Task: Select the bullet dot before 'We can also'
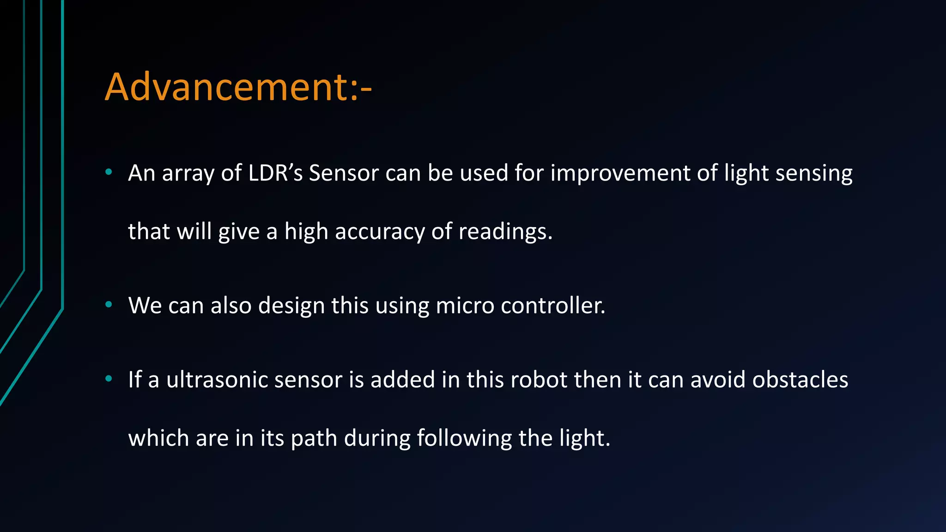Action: [x=109, y=304]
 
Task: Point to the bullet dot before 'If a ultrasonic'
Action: [x=109, y=379]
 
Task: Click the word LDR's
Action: [x=275, y=173]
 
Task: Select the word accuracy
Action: [x=379, y=232]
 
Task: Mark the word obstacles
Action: [x=800, y=380]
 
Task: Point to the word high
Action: [x=307, y=232]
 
